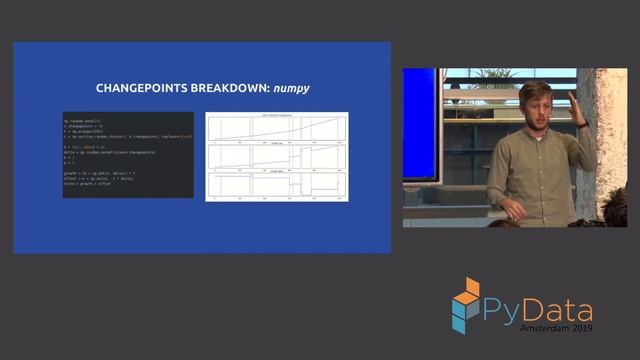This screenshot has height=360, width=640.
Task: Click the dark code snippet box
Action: point(127,154)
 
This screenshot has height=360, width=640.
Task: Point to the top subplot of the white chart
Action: point(277,127)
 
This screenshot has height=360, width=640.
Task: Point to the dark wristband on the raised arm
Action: point(582,123)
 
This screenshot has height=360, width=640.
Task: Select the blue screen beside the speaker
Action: point(420,125)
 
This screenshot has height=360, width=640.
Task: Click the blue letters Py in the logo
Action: point(503,311)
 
